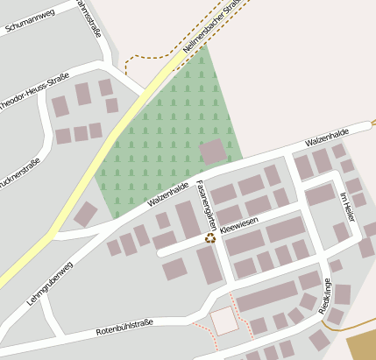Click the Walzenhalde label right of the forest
[x=327, y=136]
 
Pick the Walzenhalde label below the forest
[x=168, y=194]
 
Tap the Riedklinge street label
[x=325, y=296]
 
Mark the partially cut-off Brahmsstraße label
[x=89, y=18]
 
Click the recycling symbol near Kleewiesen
[x=210, y=236]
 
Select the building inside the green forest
[x=212, y=151]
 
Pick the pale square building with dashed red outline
[x=224, y=321]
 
